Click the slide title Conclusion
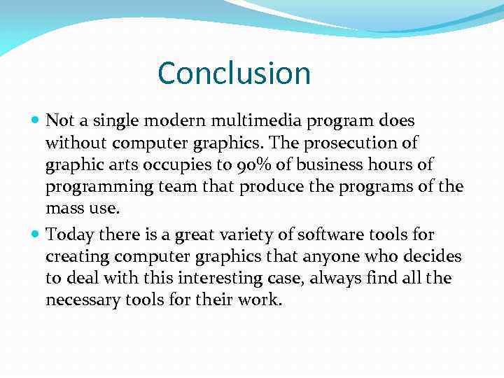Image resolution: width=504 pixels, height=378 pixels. point(234,73)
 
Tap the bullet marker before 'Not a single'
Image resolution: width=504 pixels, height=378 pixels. point(36,121)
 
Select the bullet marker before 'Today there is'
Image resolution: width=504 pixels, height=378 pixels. point(36,234)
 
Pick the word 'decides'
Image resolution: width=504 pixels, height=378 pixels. point(433,256)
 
